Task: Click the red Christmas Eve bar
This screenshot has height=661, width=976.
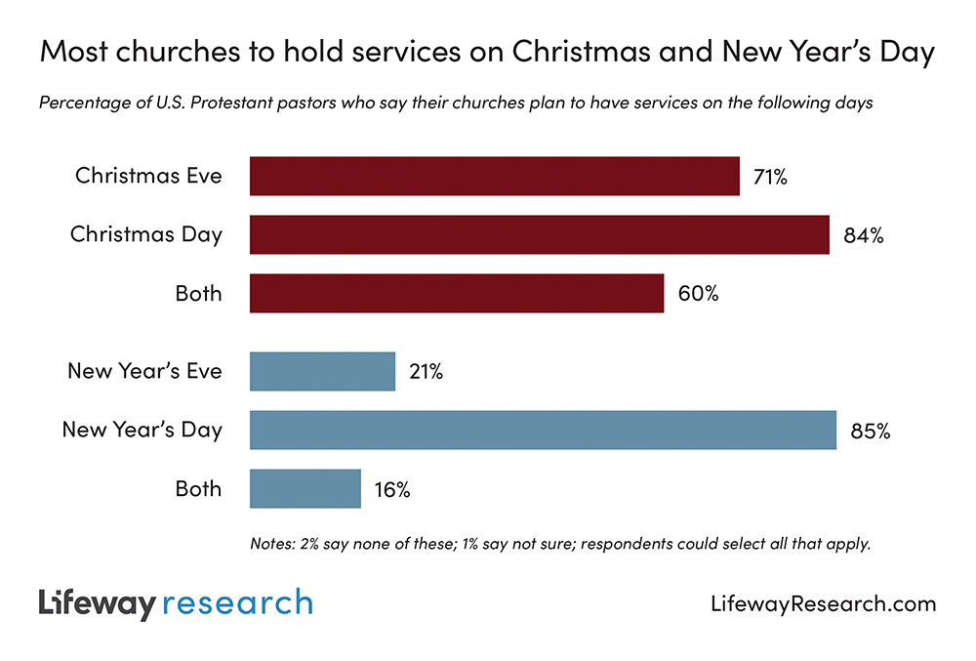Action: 494,177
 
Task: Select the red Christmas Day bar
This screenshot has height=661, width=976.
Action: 539,235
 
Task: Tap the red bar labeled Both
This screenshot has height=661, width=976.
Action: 457,294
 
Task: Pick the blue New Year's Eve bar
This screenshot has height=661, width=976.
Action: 322,372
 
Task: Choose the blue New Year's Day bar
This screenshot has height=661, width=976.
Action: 543,431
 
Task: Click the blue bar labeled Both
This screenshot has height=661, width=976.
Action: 305,489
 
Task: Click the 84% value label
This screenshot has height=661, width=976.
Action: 864,235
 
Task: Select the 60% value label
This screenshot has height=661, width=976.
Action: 698,294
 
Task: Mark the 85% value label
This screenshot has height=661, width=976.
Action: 870,431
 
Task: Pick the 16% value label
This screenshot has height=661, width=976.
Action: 391,489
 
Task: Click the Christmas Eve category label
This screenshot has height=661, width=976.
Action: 148,177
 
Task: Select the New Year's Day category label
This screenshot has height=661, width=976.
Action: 142,431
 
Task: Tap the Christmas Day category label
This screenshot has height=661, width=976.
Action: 145,235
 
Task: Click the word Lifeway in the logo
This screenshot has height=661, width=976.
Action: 96,603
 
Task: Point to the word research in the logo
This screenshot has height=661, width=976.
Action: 237,603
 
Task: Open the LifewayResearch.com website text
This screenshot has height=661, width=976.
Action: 823,604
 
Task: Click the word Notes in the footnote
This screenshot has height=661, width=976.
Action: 272,544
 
